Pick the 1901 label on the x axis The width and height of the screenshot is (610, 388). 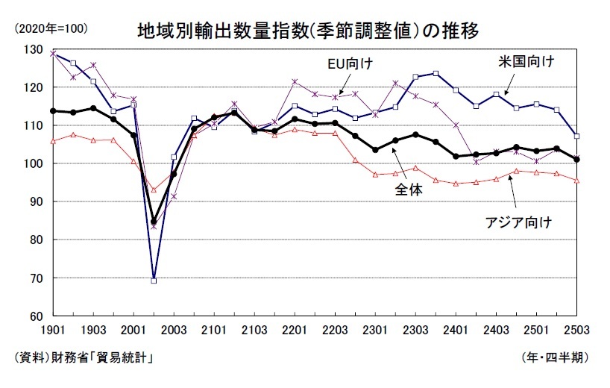(53, 330)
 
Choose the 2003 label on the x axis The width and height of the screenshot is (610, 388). (174, 330)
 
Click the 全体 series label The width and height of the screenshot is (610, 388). (408, 190)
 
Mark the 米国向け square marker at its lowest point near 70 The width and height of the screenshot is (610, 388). (154, 281)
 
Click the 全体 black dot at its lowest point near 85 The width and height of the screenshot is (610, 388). (154, 222)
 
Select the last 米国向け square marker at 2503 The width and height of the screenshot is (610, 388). (576, 137)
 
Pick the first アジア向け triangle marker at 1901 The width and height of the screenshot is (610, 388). (53, 141)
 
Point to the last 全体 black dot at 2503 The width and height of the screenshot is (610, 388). (576, 159)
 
